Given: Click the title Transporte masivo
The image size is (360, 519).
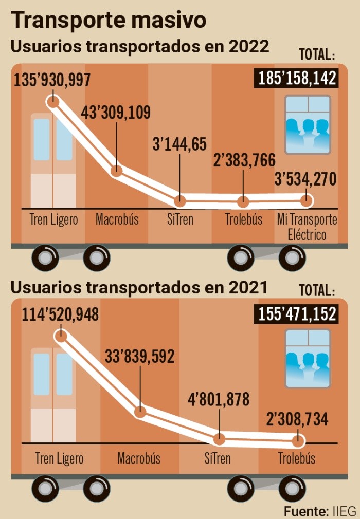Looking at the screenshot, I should [109, 20].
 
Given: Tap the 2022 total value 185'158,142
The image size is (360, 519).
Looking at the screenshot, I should [296, 79].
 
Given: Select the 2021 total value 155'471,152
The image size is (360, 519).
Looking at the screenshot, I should [296, 313].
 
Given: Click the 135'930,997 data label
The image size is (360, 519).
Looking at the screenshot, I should [52, 81].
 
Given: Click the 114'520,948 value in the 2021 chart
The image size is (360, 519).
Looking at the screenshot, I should [60, 313].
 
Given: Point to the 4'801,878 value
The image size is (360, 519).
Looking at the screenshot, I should [219, 399].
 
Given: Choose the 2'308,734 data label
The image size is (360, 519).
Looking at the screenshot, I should [297, 419].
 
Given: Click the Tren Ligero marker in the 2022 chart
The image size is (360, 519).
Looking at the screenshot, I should [53, 101].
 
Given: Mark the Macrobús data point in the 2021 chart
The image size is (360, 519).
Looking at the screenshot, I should [140, 412].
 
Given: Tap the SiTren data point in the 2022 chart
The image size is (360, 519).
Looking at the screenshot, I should [179, 200].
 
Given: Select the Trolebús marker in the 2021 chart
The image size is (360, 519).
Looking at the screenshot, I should [297, 441].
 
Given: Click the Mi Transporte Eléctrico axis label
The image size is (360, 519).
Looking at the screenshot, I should [307, 227].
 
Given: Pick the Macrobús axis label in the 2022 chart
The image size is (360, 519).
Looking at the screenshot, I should [117, 219].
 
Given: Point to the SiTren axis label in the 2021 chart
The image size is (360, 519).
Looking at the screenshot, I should [217, 458].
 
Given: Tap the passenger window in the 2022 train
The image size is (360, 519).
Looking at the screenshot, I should [308, 125].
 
